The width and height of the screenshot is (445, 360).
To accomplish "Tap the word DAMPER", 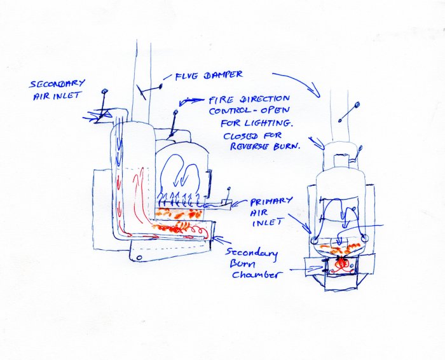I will [222, 75].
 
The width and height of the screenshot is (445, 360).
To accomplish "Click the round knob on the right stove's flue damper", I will [357, 105].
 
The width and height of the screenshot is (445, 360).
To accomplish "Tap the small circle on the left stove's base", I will [137, 257].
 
